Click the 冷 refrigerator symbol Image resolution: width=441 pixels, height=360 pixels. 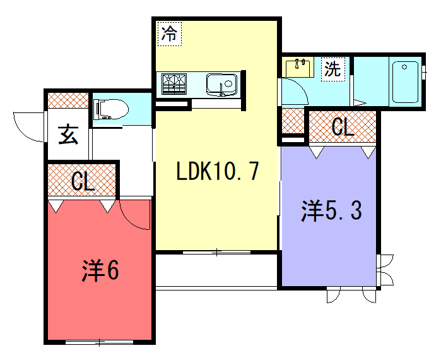click(x=170, y=33)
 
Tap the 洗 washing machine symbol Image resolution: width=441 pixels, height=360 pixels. click(x=333, y=69)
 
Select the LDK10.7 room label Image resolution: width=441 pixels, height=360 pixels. click(x=217, y=171)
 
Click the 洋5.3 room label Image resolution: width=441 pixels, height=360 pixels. click(x=331, y=211)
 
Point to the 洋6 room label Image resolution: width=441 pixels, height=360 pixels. click(x=100, y=270)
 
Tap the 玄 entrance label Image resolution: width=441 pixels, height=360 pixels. click(x=68, y=135)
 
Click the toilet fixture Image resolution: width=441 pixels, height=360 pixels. click(x=110, y=109)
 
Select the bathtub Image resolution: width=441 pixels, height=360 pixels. click(x=405, y=82)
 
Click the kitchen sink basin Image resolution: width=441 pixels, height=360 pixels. click(x=221, y=84)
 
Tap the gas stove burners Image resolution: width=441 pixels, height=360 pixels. click(x=174, y=84)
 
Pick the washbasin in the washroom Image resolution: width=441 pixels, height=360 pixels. click(x=299, y=68)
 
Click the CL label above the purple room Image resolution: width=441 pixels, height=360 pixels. click(x=343, y=127)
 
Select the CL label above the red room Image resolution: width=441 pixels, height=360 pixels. click(x=83, y=181)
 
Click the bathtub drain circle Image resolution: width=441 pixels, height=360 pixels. click(x=404, y=67)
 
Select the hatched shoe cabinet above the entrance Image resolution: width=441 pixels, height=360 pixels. click(x=68, y=100)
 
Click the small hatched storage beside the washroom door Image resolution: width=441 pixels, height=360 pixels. click(x=293, y=121)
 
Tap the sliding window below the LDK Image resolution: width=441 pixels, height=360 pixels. click(x=216, y=253)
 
